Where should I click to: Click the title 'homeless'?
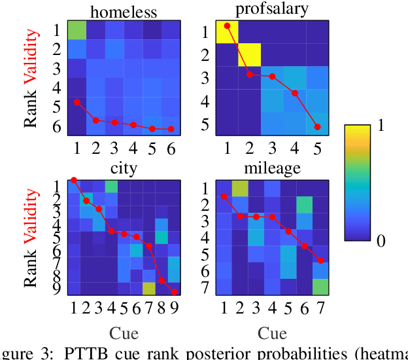pos(123,11)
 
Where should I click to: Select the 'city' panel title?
pos(124,168)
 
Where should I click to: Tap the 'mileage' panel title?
pos(270,168)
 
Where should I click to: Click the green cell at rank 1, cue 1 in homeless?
pos(77,30)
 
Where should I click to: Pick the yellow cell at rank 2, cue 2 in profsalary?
pos(249,54)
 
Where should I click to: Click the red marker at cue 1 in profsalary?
pos(227,26)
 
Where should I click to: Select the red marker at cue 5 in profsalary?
pos(317,127)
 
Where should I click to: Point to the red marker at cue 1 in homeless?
pos(77,102)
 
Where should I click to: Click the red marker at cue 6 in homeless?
pos(171,129)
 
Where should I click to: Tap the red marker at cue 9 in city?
pos(175,292)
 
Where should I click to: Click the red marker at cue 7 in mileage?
pos(320,261)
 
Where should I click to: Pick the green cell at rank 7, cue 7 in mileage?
pos(320,287)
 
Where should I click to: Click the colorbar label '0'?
pos(382,241)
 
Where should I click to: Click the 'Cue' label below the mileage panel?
pos(272,334)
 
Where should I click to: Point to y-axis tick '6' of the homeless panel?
pos(57,127)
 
